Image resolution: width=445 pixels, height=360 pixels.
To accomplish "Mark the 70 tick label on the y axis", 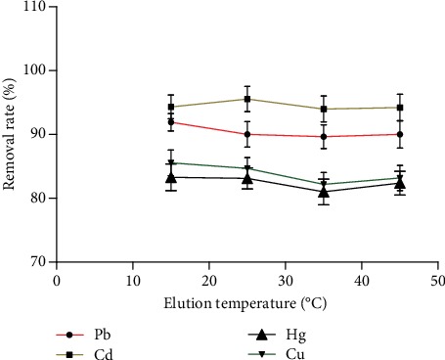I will (37, 262).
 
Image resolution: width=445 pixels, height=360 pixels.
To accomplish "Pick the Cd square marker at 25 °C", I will (247, 99).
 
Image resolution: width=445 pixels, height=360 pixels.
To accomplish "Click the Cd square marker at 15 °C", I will (171, 107).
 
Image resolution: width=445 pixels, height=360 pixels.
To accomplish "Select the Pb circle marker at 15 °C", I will (171, 122).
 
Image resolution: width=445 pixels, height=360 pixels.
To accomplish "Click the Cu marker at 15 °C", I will (171, 163).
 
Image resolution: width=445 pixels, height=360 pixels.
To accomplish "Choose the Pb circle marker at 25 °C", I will (247, 134).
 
